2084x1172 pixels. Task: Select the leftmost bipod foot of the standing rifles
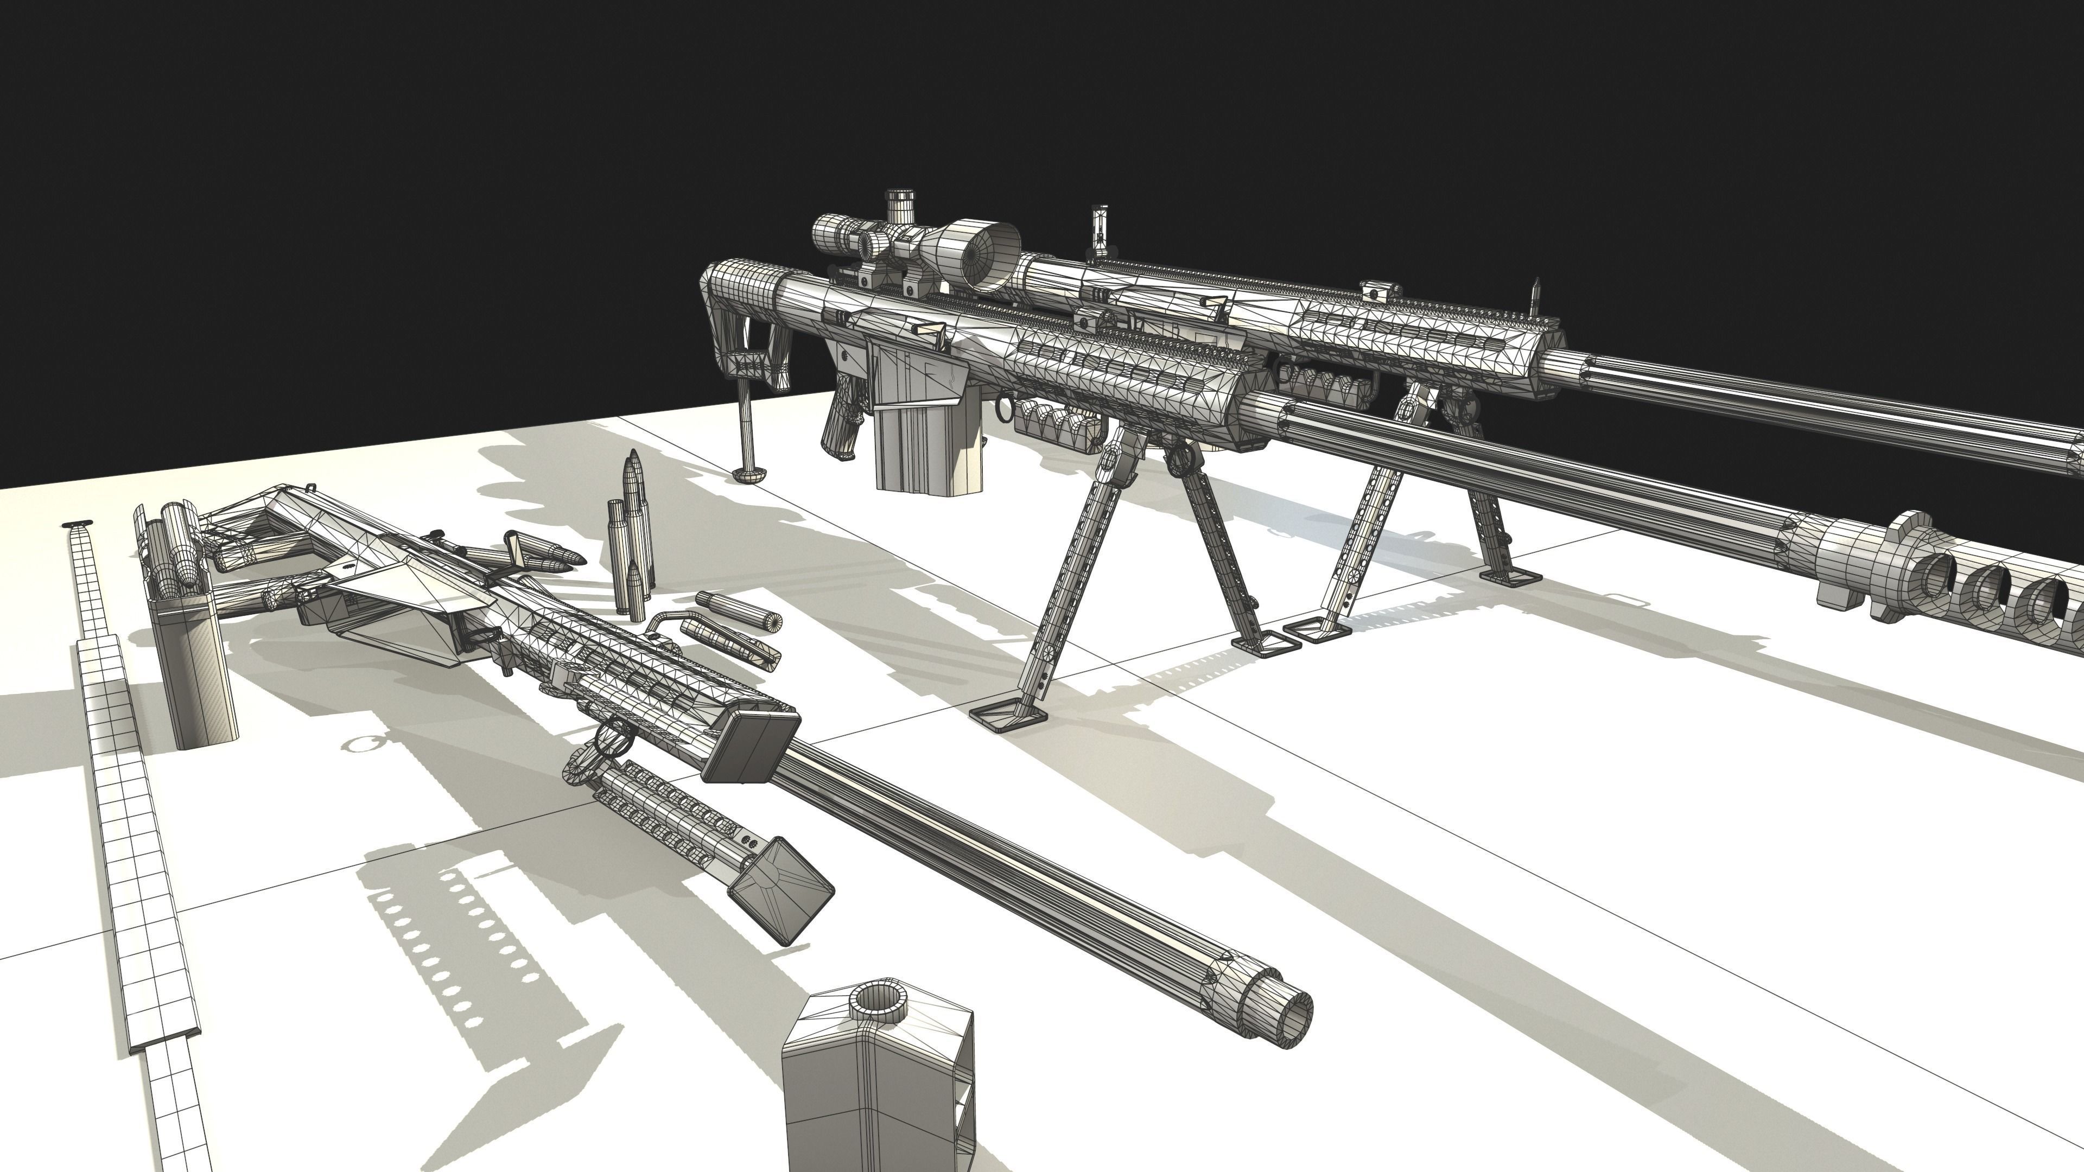(x=1006, y=715)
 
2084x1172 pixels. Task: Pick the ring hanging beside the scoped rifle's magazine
(x=1002, y=409)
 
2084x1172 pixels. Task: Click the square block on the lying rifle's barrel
(x=750, y=746)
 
